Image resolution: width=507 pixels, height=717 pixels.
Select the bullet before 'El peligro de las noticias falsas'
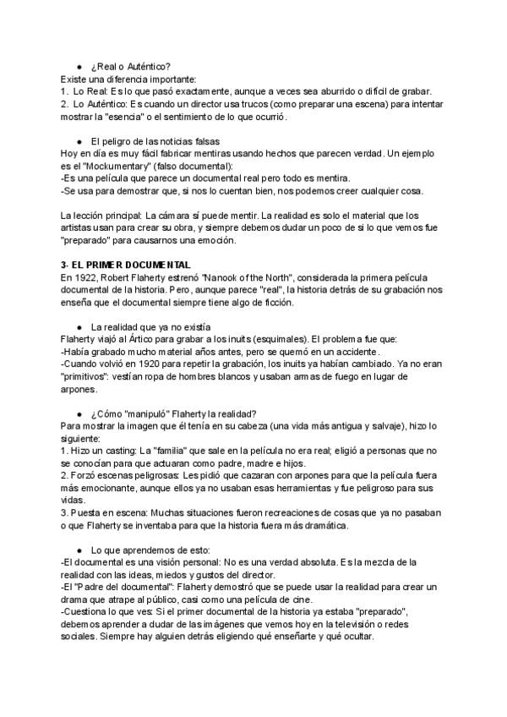[79, 140]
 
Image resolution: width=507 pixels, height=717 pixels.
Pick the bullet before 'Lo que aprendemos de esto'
[79, 550]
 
